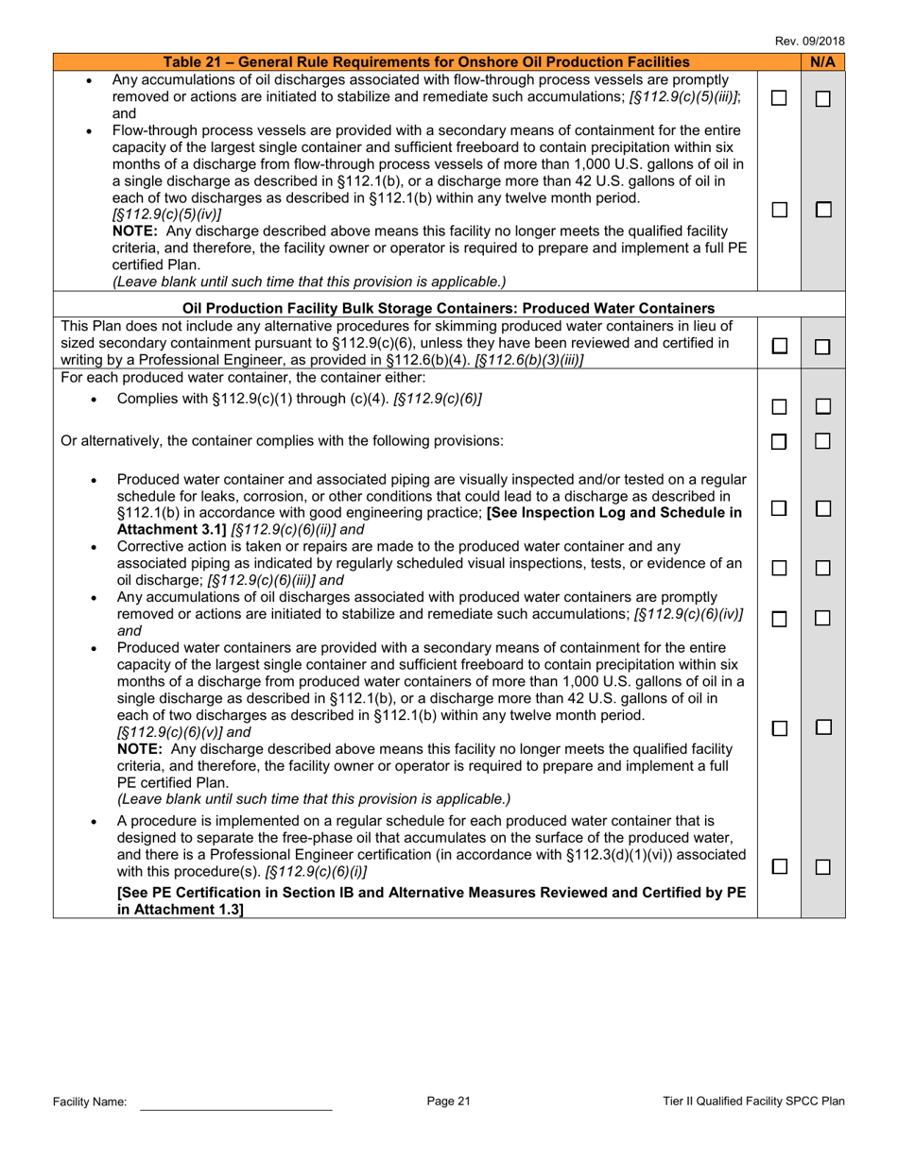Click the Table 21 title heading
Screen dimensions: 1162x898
pos(426,62)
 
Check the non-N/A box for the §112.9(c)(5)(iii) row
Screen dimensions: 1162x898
pos(779,98)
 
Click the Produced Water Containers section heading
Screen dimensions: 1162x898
pos(448,308)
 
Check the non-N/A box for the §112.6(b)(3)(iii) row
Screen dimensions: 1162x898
pos(779,347)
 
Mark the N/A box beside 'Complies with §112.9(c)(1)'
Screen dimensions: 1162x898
pos(823,407)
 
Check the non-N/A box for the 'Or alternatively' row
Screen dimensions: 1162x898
pos(779,441)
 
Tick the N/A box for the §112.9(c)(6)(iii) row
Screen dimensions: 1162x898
pos(823,568)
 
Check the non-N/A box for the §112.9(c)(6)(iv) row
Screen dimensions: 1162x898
pos(779,619)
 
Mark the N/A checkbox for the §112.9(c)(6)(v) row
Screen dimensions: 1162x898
pos(823,727)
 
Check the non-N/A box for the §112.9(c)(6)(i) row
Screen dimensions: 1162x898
pos(779,866)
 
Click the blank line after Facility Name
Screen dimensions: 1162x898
pos(236,1102)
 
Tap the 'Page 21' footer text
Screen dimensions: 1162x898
pos(448,1101)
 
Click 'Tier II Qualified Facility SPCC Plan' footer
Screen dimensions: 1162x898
pos(753,1101)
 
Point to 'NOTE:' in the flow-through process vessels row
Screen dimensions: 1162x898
pos(139,231)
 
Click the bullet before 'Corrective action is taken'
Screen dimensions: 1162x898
pos(93,548)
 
